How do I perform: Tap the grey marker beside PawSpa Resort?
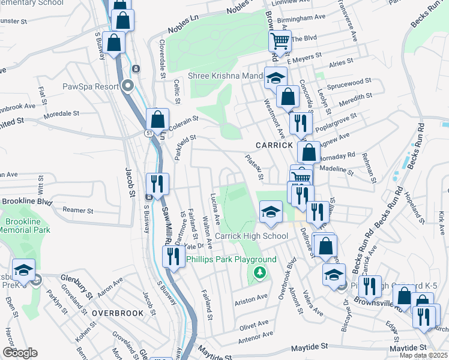coord(127,86)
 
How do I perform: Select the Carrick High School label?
coord(252,236)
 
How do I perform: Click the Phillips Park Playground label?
coord(231,259)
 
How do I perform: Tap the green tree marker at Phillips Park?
coord(260,273)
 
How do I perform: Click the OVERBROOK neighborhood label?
coord(118,313)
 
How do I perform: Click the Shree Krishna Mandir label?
coord(226,76)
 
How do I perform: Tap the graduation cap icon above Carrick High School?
coord(271,211)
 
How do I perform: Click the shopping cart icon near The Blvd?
coord(280,40)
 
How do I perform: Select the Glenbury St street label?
coord(77,278)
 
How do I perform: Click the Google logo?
coord(20,353)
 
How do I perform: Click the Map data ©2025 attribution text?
coord(423,355)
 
